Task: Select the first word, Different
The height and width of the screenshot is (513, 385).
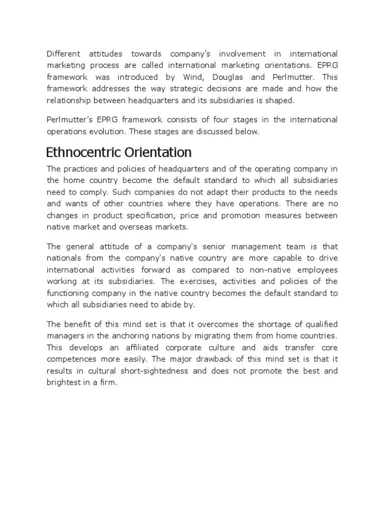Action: coord(64,54)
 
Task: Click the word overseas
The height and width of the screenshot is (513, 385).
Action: coord(140,227)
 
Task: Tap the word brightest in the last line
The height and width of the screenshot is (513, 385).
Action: coord(63,383)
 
